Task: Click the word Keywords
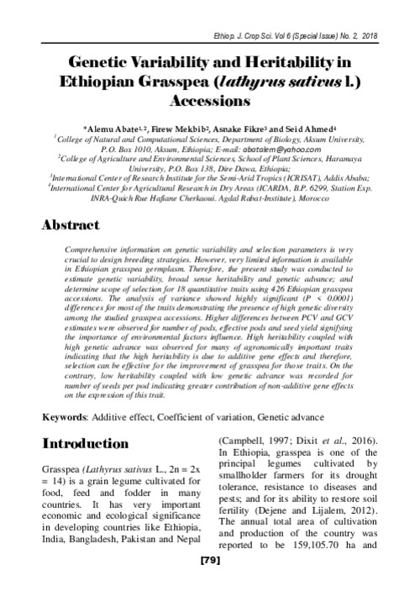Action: point(65,417)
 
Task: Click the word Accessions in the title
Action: point(209,99)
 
